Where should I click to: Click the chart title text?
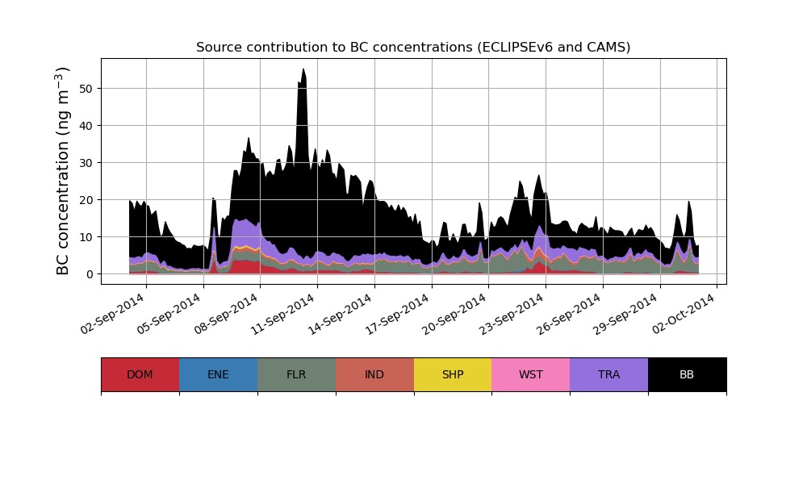(413, 48)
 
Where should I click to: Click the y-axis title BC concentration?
(64, 170)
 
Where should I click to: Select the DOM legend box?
(140, 374)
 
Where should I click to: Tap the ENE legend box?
(218, 374)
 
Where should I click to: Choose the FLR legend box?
(296, 374)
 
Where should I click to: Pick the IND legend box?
(374, 374)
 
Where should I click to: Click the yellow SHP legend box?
(453, 374)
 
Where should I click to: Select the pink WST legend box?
(531, 374)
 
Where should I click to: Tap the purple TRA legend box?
(609, 374)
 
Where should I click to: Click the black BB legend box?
(687, 374)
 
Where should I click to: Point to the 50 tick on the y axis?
(84, 88)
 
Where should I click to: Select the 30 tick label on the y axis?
(84, 162)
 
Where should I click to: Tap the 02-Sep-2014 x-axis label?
(114, 313)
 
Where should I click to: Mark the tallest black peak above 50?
(303, 70)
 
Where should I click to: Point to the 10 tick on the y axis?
(84, 237)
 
